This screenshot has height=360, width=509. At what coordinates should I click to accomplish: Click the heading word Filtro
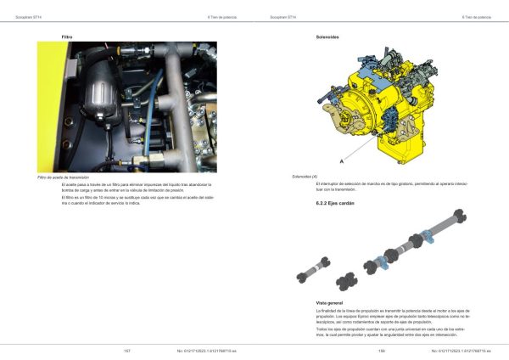coord(67,37)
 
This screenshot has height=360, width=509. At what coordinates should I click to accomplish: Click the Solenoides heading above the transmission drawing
coord(327,37)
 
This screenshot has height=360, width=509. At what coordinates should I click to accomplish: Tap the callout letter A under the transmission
coord(341,160)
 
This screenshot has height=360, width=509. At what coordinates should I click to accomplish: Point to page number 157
coord(126,350)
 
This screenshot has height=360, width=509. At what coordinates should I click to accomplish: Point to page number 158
coord(382,350)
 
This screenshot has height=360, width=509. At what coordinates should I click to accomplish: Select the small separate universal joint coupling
coord(348,280)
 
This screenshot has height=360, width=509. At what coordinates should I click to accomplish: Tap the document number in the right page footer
coord(458,350)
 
